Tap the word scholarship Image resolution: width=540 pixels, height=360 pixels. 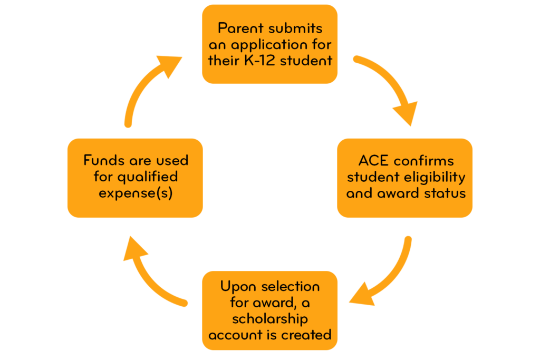[x=269, y=319]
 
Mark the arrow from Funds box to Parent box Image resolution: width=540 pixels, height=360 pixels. [x=148, y=84]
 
